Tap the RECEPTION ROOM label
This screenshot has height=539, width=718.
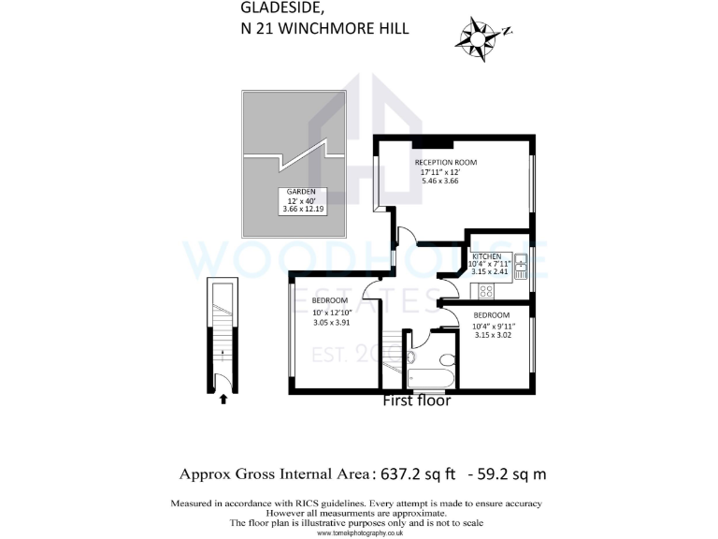click(x=446, y=163)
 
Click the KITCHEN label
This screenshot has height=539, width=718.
click(x=486, y=256)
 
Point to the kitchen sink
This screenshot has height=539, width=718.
click(x=521, y=263)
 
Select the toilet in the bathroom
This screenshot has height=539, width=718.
click(x=445, y=359)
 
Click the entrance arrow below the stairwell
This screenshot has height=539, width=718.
click(x=223, y=399)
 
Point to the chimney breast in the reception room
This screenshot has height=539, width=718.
click(x=438, y=142)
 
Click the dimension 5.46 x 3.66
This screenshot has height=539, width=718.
click(x=440, y=181)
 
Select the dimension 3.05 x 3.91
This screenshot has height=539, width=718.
click(x=333, y=322)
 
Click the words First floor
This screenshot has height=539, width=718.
click(x=417, y=401)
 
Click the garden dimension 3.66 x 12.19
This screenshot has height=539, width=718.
click(x=302, y=210)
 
